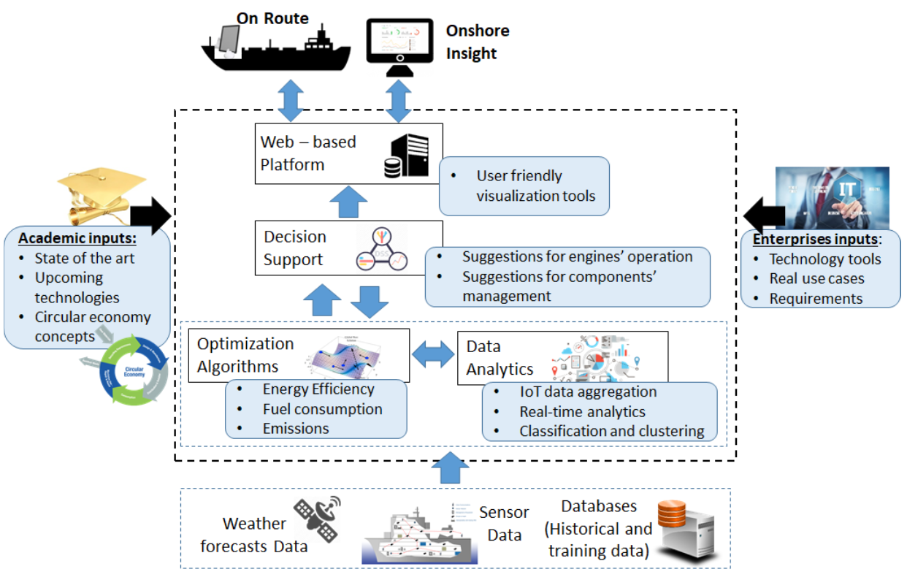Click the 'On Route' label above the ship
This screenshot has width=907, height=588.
[x=272, y=18]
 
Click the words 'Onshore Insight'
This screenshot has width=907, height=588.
[x=477, y=42]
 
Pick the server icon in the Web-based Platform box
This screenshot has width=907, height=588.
[x=406, y=154]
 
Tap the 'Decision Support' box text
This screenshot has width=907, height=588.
[x=294, y=248]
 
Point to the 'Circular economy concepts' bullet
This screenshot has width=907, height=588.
[x=92, y=327]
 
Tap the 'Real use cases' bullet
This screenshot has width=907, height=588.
[x=816, y=278]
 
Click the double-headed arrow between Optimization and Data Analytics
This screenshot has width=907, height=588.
[x=433, y=355]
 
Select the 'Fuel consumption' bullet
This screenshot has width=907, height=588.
[x=322, y=409]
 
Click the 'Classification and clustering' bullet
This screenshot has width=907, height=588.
[x=611, y=431]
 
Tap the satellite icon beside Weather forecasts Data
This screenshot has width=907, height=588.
[x=317, y=519]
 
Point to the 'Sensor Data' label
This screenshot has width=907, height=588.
[x=503, y=524]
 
